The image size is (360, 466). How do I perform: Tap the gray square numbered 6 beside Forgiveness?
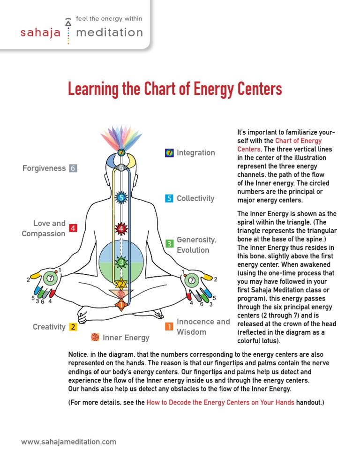pos(73,168)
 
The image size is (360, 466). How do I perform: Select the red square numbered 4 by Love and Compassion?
pos(73,228)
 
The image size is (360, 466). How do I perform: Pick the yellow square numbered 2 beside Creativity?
pos(73,327)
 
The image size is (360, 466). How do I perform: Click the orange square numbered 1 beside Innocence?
pos(169,327)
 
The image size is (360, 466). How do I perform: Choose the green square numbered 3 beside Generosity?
pos(169,243)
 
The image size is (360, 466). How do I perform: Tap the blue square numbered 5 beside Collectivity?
pos(169,198)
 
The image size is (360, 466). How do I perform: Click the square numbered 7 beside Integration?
pos(169,153)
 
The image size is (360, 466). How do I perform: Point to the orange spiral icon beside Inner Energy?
pos(95,337)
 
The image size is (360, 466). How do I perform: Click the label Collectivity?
pos(195,198)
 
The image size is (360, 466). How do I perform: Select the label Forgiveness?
pos(44,168)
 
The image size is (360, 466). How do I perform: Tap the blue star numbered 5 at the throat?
pos(121,198)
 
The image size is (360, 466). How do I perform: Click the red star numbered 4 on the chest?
pos(121,229)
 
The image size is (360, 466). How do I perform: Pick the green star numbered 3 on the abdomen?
pos(121,262)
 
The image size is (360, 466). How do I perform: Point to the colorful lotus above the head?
pos(121,136)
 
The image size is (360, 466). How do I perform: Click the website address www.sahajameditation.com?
pos(69,442)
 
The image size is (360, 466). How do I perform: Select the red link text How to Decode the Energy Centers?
pos(220,402)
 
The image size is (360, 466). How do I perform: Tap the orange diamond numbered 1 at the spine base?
pos(121,305)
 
